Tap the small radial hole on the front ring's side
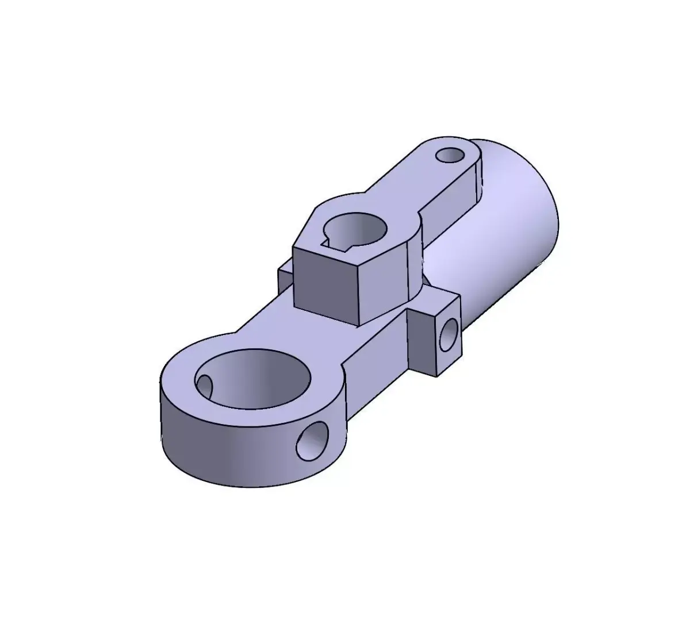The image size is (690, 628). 313,440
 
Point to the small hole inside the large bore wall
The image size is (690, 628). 205,384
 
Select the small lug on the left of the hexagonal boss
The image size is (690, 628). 285,278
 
